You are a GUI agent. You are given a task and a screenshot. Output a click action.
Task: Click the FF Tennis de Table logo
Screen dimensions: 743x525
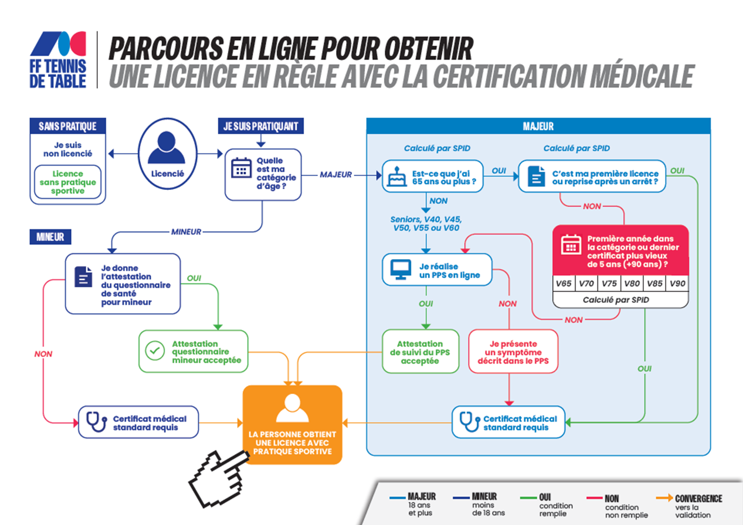click(x=58, y=60)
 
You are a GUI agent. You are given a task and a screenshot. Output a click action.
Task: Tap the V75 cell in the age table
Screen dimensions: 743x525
click(x=609, y=283)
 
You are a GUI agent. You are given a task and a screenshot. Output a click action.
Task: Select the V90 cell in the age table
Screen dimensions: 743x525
click(x=677, y=283)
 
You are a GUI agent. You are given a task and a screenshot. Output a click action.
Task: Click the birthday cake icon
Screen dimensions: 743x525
click(x=396, y=177)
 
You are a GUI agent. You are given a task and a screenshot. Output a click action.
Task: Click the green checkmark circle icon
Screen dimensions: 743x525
click(x=155, y=351)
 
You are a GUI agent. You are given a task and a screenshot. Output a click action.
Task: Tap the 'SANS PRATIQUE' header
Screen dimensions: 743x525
click(x=68, y=126)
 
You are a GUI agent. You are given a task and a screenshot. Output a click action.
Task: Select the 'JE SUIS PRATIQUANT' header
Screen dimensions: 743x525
click(x=261, y=126)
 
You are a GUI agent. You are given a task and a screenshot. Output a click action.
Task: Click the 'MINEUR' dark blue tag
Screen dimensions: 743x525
click(x=50, y=237)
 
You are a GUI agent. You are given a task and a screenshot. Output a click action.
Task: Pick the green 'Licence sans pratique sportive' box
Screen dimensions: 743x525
click(x=68, y=182)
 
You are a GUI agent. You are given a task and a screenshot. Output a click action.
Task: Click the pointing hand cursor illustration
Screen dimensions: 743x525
click(x=218, y=478)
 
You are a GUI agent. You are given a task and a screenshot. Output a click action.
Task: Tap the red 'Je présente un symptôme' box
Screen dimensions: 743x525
click(x=513, y=352)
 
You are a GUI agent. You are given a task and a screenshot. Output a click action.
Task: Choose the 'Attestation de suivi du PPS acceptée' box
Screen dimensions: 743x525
click(x=420, y=352)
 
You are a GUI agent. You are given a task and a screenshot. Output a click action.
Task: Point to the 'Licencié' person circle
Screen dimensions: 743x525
click(x=167, y=153)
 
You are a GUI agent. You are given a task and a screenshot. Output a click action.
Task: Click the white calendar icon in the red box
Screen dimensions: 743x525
click(x=571, y=244)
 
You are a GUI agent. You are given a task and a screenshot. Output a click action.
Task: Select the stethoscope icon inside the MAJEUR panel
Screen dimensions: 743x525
click(x=469, y=422)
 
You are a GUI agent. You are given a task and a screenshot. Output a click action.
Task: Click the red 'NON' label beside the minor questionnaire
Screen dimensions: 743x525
click(x=43, y=354)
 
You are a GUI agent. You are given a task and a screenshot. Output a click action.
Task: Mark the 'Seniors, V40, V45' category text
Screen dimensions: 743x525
click(x=426, y=219)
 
